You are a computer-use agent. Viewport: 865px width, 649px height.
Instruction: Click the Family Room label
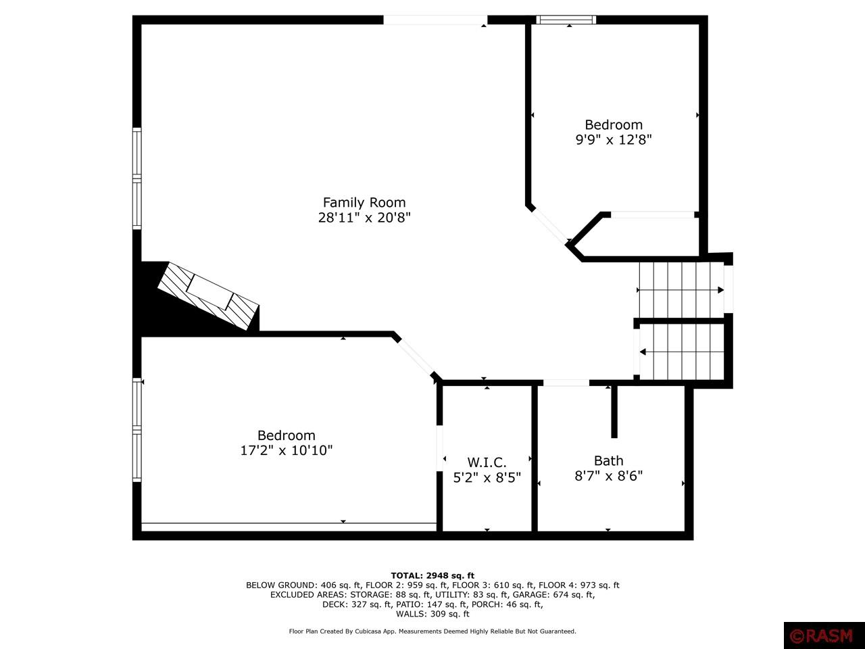[364, 202]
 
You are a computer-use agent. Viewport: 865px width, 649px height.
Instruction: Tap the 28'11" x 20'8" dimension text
[364, 218]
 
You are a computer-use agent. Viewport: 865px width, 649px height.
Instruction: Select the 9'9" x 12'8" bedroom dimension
[614, 140]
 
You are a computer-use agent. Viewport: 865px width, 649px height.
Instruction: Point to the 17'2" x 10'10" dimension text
[286, 450]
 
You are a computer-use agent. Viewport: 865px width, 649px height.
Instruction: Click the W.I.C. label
[487, 462]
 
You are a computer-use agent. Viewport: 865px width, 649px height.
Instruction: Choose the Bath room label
[608, 460]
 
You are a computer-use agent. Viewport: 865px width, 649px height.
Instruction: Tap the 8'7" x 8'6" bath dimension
[608, 475]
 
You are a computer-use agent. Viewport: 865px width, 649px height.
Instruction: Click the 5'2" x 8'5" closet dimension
[487, 477]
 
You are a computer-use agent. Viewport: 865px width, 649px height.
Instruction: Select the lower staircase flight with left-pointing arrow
[681, 352]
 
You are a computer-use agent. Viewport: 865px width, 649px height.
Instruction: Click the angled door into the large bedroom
[415, 357]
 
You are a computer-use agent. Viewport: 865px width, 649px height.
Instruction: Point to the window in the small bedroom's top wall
[566, 20]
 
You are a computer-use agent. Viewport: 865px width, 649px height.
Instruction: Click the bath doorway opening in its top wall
[566, 383]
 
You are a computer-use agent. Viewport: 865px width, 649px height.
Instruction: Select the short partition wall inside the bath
[614, 412]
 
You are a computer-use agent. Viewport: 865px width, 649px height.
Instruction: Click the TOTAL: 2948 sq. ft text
[432, 575]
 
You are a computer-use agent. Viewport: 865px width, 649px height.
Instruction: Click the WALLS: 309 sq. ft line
[432, 614]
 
